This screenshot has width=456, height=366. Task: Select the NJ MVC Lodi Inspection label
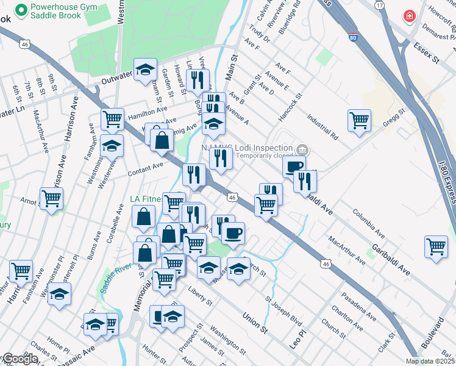tap(247, 148)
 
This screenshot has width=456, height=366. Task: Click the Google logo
tap(20, 359)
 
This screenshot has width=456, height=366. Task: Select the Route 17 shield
tap(380, 5)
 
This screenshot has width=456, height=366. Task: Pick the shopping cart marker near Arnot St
tap(51, 197)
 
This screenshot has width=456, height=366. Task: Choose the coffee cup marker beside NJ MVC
tap(294, 166)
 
